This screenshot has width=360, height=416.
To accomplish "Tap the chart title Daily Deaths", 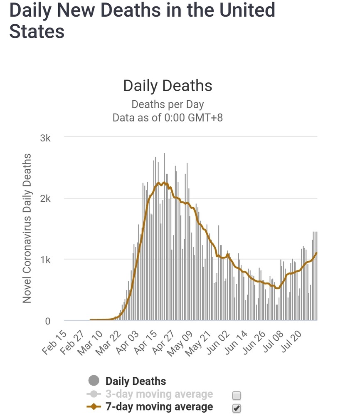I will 168,86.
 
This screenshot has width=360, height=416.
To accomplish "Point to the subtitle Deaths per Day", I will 168,104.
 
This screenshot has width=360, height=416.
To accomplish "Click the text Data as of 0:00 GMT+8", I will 168,117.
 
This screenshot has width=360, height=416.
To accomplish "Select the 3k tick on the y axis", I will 45,138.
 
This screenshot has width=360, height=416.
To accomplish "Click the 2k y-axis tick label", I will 45,199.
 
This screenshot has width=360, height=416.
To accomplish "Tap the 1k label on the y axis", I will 45,260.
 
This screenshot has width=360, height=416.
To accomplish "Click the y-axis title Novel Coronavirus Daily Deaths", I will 27,228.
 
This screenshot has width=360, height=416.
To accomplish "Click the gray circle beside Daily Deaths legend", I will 94,381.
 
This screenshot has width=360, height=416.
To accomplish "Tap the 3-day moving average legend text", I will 159,394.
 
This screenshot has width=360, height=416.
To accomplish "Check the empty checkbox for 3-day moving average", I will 237,395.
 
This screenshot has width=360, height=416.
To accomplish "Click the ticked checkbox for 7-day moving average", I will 237,408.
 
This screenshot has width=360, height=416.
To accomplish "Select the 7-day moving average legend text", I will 159,407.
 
